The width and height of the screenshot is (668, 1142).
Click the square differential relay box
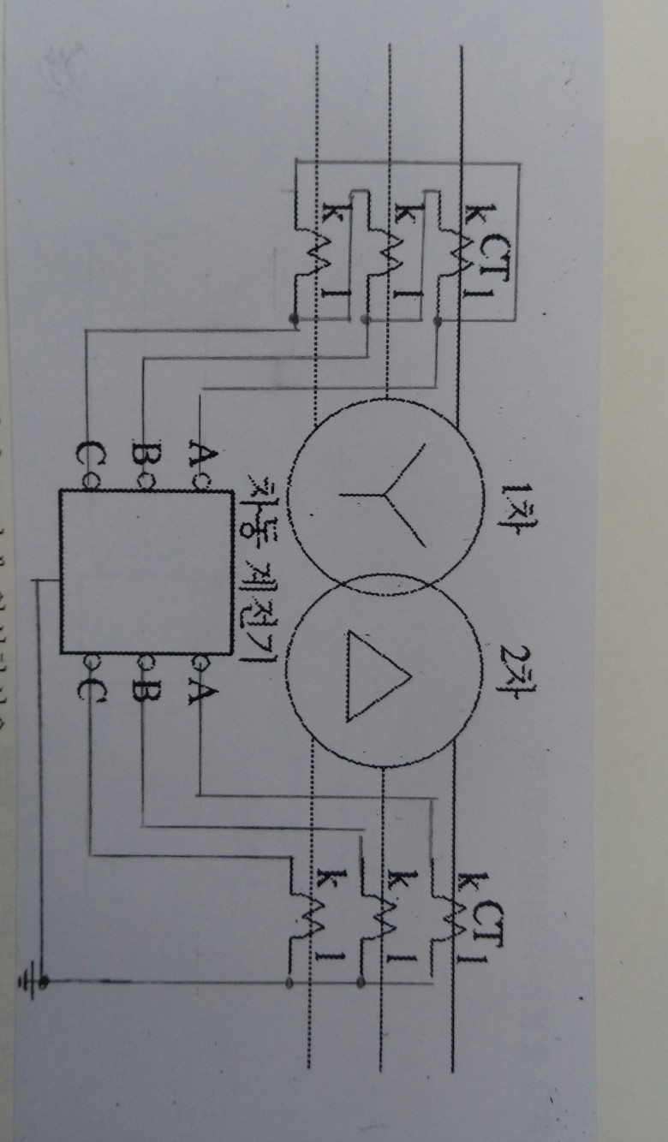pyautogui.click(x=146, y=571)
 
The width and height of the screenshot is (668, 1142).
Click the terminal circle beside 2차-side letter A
pyautogui.click(x=198, y=662)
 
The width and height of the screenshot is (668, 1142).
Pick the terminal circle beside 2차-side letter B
pyautogui.click(x=143, y=662)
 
